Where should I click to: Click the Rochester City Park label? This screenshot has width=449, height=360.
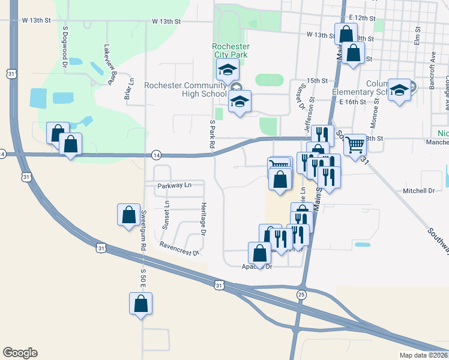click(230, 51)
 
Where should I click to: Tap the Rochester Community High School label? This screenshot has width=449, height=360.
click(185, 89)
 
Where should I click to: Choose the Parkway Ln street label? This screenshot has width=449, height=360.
click(174, 185)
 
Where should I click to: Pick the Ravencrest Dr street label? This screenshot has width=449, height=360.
click(179, 248)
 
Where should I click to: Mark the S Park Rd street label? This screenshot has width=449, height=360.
click(212, 133)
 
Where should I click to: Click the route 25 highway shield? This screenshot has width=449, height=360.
click(301, 295)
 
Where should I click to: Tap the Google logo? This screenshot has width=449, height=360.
click(20, 353)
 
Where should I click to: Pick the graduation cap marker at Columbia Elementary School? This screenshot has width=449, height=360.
click(399, 90)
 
